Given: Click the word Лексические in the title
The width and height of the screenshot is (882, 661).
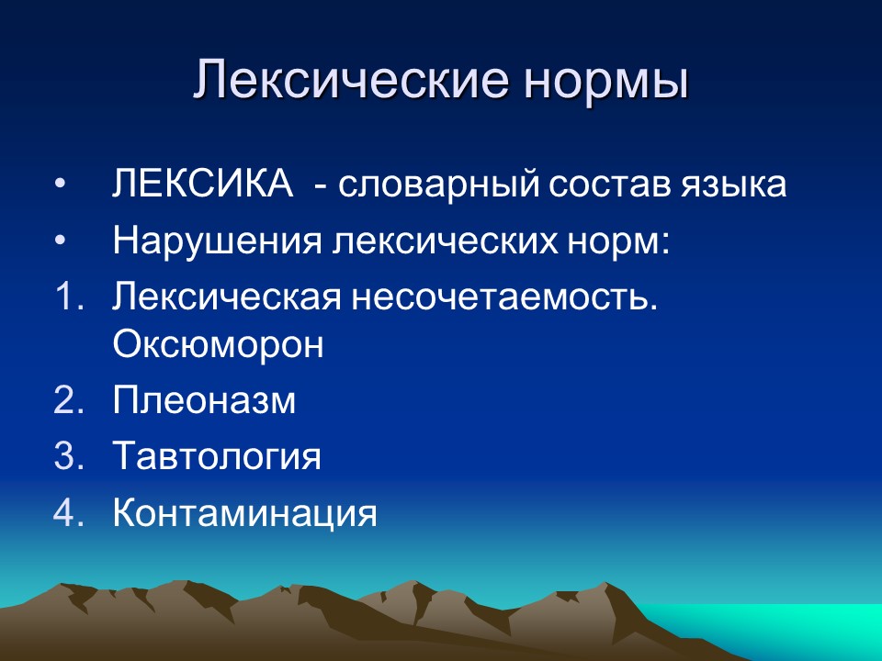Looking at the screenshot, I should (x=349, y=81).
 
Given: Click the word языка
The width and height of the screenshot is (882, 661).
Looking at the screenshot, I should (x=735, y=184).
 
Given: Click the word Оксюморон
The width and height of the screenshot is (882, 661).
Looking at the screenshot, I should (x=218, y=345).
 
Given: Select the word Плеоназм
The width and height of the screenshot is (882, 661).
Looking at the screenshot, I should (x=204, y=401).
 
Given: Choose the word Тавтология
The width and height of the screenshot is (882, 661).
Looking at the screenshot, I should (x=217, y=456).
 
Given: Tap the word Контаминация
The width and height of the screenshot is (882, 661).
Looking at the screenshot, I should (x=244, y=512).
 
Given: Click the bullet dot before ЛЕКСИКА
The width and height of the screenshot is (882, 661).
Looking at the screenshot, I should (x=61, y=185).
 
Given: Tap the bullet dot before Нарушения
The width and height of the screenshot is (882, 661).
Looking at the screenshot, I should (x=61, y=241).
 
